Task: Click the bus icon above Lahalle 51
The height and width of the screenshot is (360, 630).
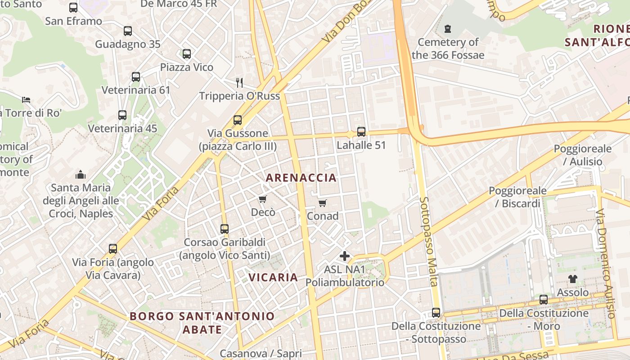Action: [x=361, y=132]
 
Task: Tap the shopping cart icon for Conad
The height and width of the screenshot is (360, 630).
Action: [x=322, y=203]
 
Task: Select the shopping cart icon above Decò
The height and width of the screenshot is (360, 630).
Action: [x=262, y=199]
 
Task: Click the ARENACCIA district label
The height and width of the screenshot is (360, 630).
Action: [x=301, y=178]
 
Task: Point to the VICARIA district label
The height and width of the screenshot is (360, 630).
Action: [x=273, y=277]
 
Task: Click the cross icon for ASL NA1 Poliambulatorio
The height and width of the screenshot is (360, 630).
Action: [x=345, y=256]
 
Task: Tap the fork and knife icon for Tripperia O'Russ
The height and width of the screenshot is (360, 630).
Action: [x=239, y=82]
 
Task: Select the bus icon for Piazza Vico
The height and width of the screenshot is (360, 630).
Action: [x=187, y=54]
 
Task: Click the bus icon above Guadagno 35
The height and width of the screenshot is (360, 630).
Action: [x=128, y=31]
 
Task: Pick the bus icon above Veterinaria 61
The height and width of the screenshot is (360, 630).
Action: [x=136, y=77]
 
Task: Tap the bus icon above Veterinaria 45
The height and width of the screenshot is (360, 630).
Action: [x=122, y=115]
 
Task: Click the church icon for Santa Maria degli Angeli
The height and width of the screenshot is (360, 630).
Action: [x=81, y=174]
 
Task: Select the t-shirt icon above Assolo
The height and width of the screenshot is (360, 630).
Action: [x=572, y=279]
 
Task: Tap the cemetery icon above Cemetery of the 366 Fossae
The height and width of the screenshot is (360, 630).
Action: [x=448, y=29]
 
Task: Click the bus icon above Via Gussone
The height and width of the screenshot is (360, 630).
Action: [x=238, y=120]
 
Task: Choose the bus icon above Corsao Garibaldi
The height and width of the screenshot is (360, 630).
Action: [x=225, y=229]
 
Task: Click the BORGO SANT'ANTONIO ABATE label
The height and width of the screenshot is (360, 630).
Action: [x=202, y=323]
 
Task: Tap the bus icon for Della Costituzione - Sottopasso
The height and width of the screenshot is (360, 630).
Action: [x=436, y=312]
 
